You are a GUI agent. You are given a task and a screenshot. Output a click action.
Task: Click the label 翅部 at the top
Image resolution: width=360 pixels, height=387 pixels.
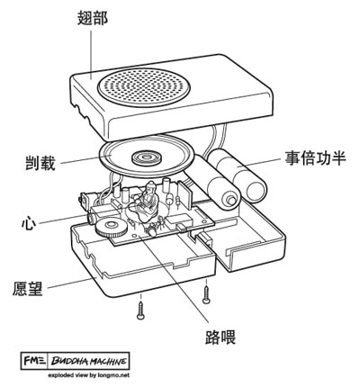pyautogui.click(x=93, y=18)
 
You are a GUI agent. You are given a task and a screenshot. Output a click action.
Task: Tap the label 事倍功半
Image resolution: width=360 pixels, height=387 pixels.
pyautogui.click(x=315, y=157)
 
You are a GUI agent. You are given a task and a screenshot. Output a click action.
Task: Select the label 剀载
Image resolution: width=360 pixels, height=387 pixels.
pyautogui.click(x=40, y=163)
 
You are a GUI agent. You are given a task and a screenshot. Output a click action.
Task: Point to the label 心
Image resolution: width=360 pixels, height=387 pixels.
pyautogui.click(x=29, y=223)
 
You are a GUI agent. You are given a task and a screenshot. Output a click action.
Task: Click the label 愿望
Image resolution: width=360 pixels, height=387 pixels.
pyautogui.click(x=28, y=288)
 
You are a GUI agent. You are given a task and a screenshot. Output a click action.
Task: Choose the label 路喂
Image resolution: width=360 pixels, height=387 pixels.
pyautogui.click(x=220, y=337)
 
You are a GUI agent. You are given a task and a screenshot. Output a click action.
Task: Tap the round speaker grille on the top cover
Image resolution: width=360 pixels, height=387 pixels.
pyautogui.click(x=144, y=87)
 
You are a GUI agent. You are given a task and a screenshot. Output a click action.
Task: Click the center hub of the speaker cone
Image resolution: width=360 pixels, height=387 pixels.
pyautogui.click(x=147, y=157)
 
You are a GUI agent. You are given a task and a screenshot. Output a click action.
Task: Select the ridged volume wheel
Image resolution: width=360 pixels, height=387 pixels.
pyautogui.click(x=111, y=229)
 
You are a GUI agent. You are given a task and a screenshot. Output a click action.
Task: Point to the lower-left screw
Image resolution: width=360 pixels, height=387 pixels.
pyautogui.click(x=140, y=309)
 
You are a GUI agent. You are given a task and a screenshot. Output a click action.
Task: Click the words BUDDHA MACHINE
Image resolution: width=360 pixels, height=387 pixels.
pyautogui.click(x=88, y=361)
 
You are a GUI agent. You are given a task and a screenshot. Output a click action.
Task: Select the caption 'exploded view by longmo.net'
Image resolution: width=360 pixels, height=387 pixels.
pyautogui.click(x=89, y=375)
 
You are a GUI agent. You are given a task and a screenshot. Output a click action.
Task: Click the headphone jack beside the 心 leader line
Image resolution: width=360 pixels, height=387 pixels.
pyautogui.click(x=92, y=218)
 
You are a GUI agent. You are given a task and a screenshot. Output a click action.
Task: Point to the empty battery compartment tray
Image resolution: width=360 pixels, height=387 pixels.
pyautogui.click(x=249, y=240)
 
